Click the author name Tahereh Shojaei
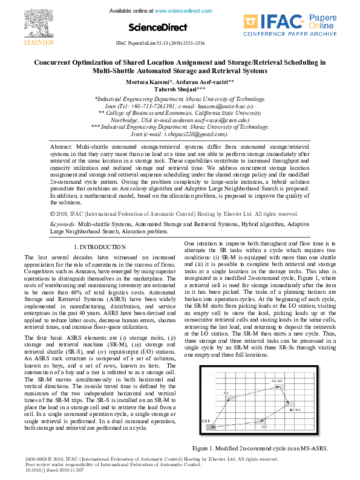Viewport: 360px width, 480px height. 179,89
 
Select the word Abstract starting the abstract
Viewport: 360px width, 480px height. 61,147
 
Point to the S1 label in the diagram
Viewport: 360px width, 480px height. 226,393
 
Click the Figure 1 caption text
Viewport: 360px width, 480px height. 260,449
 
